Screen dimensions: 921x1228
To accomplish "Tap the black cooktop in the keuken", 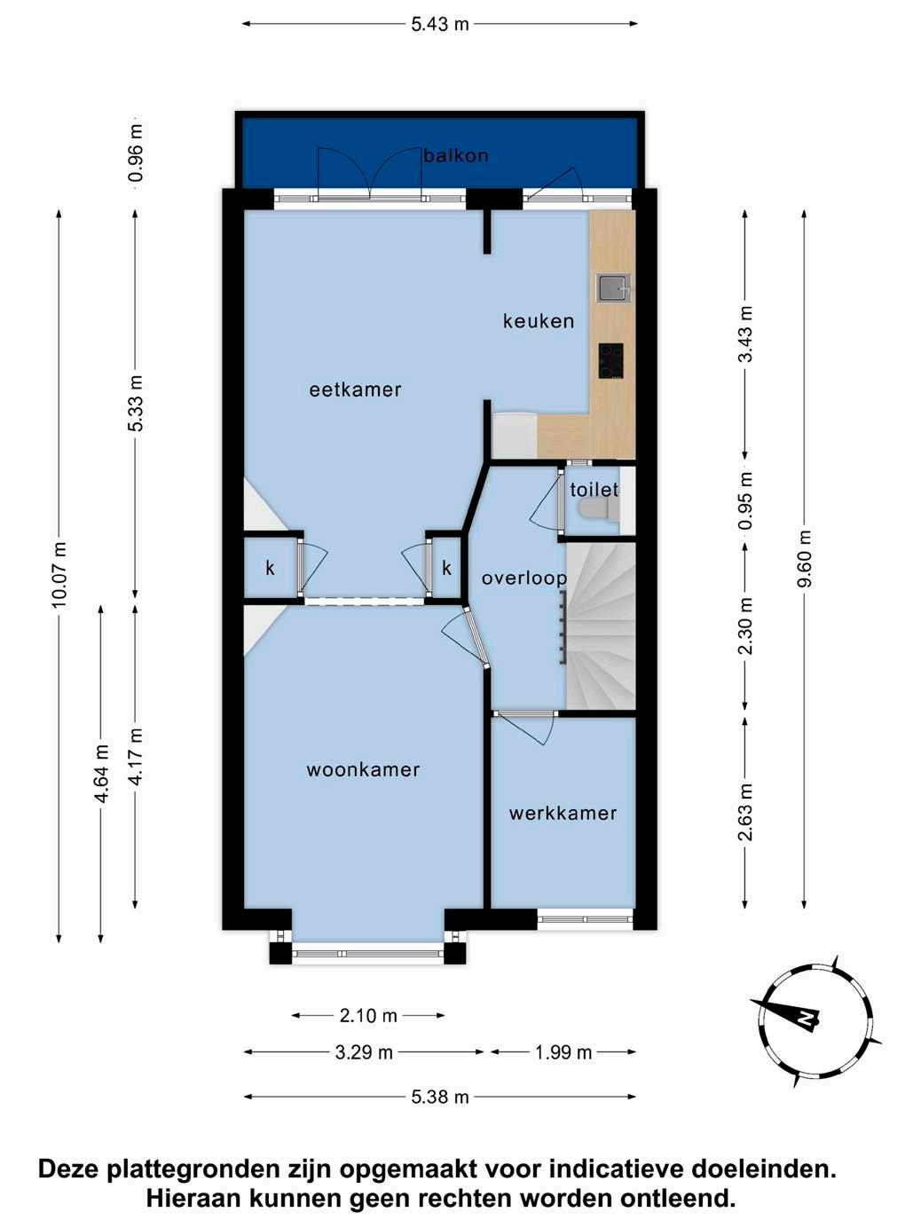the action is coord(611,361).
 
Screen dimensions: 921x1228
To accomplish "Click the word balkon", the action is coord(456,155).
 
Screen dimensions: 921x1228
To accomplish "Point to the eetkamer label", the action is coord(355,390).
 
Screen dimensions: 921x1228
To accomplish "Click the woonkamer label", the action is coord(363,770).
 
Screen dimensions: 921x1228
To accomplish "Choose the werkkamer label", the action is coord(563,813).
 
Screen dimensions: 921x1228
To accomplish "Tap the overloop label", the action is coord(524,579).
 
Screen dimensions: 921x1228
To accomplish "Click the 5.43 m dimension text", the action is coord(440,24).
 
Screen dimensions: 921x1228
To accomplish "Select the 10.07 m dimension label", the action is coord(59,574).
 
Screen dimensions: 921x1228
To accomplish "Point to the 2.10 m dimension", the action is coord(368,1015).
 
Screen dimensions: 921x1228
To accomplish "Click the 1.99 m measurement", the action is coord(563,1052).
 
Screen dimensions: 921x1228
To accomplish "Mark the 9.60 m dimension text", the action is coord(804,558).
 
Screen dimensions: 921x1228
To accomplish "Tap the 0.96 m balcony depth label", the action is coord(136,153).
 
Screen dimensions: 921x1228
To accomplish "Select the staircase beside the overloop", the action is coord(602,626).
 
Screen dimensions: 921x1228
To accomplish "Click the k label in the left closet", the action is coord(270,569).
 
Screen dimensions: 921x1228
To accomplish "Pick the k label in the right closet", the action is coord(446,569).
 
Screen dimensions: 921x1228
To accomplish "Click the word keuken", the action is coord(539,321).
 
